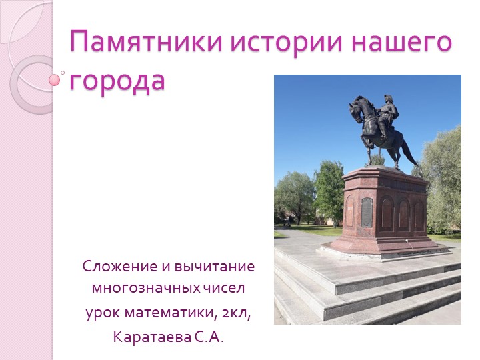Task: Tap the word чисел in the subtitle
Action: tap(224, 289)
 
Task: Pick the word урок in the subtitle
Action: tap(99, 313)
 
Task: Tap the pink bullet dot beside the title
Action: tap(55, 80)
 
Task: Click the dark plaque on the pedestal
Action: tap(367, 212)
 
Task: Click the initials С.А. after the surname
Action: tap(209, 336)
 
